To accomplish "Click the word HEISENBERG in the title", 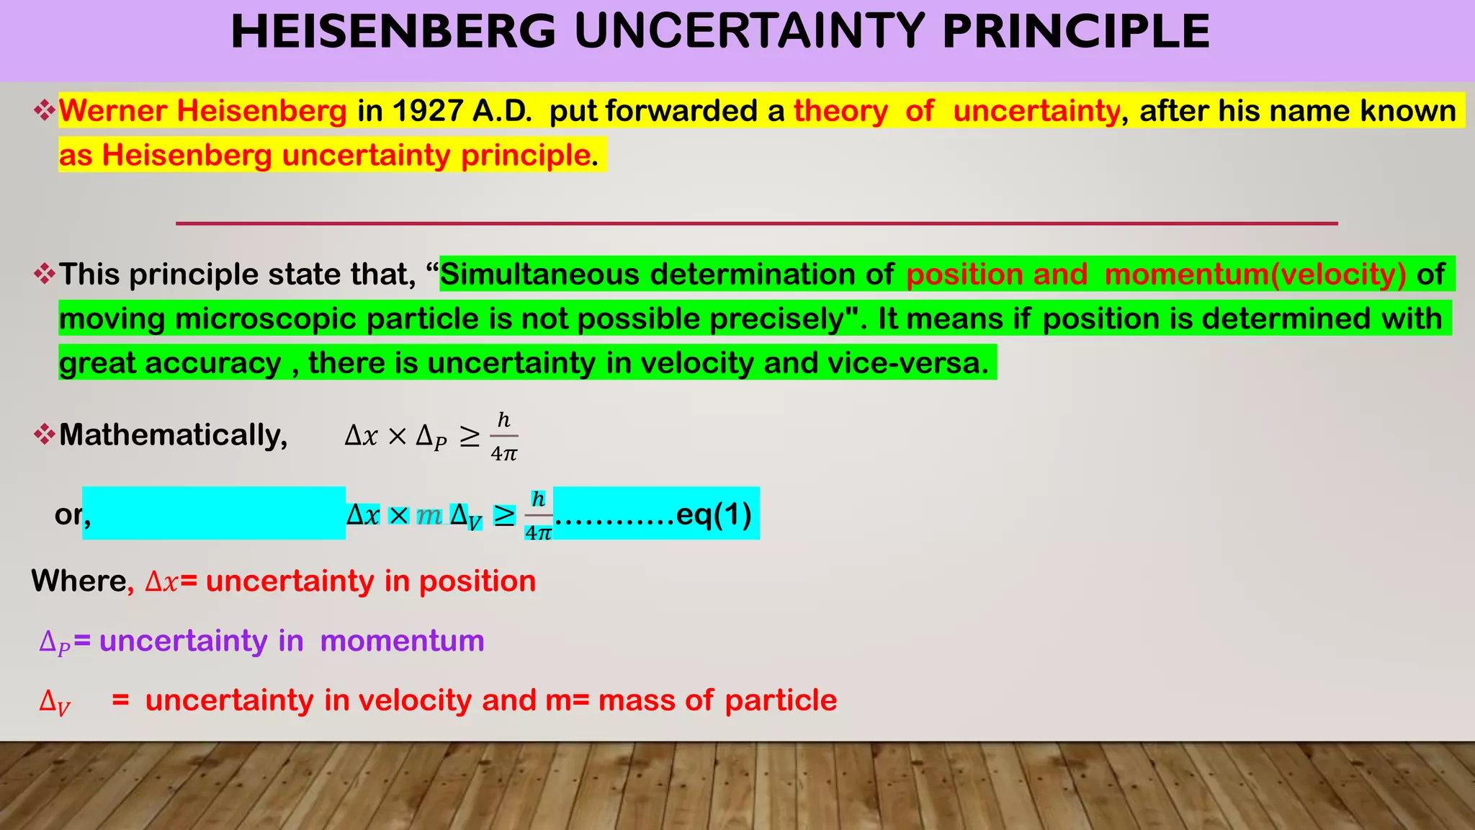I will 393,32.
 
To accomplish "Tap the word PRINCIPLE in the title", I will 1076,32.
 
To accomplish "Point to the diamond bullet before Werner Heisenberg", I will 45,111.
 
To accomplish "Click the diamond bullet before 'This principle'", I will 45,275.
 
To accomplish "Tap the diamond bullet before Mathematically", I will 45,435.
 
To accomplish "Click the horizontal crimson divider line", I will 756,223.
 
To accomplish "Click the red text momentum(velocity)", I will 1255,275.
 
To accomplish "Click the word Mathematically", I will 173,435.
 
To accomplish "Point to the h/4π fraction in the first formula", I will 504,437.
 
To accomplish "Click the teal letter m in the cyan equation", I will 429,515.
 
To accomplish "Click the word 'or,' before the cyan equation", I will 71,514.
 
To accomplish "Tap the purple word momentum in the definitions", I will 402,641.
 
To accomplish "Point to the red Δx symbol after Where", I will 161,582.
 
